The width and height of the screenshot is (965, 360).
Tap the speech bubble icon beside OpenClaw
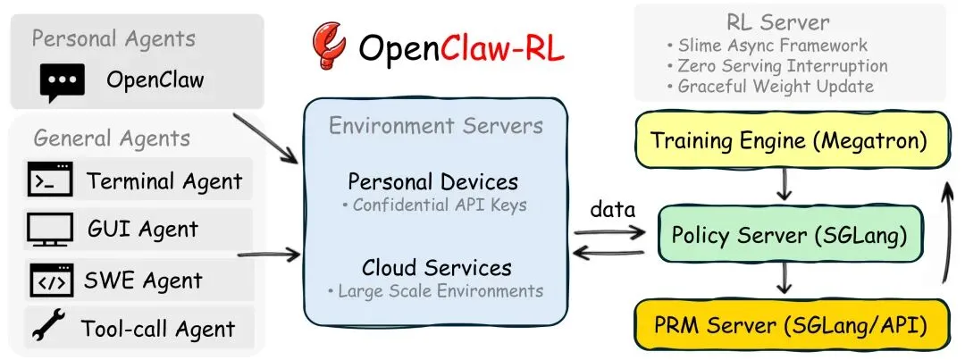[x=63, y=82]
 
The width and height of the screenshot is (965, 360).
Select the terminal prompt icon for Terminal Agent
[x=50, y=179]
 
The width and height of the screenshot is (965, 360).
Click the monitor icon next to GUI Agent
[x=50, y=230]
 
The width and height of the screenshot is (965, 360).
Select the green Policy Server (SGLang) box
[x=791, y=234]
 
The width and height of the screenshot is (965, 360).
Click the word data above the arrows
[x=612, y=209]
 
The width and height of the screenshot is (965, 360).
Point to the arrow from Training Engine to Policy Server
[x=784, y=184]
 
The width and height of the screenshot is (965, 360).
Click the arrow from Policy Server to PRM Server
[x=784, y=278]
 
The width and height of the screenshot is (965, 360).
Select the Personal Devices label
[x=433, y=182]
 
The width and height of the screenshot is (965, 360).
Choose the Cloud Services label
[x=436, y=268]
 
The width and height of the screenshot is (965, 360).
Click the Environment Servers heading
[x=436, y=126]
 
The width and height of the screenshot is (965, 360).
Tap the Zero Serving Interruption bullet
[x=776, y=66]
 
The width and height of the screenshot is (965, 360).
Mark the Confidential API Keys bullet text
[x=434, y=205]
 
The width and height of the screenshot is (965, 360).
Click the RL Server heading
[x=778, y=22]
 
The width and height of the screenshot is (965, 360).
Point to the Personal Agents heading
[x=113, y=39]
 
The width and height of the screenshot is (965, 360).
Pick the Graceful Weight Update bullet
[x=770, y=86]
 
